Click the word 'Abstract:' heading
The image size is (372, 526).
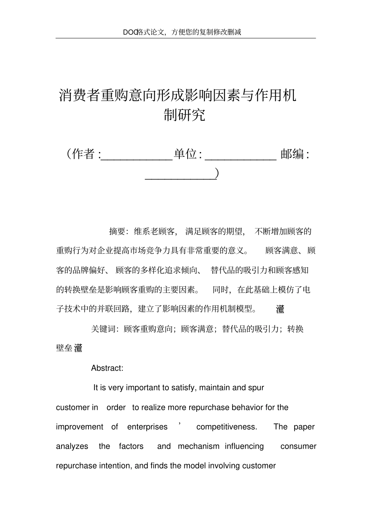tap(107, 368)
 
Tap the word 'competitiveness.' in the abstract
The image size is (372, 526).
tap(227, 427)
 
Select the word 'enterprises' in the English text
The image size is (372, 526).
tap(147, 427)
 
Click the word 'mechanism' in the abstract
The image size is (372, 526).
tap(199, 446)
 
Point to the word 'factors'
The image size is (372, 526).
tap(131, 446)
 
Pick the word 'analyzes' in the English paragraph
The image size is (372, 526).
tap(72, 446)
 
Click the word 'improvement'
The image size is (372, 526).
tap(79, 427)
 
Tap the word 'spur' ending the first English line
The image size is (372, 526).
tap(256, 388)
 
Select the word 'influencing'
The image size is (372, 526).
tap(244, 446)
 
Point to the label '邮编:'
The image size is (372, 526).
tap(295, 154)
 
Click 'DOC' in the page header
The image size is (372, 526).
tap(129, 32)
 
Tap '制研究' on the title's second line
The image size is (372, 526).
tap(184, 115)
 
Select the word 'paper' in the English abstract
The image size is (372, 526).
tap(304, 427)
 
